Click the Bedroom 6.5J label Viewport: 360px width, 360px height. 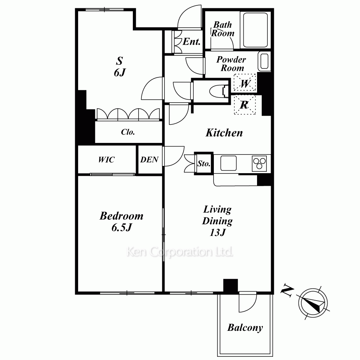pyautogui.click(x=121, y=221)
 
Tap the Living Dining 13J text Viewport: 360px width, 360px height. pyautogui.click(x=217, y=221)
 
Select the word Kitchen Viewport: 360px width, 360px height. pyautogui.click(x=224, y=133)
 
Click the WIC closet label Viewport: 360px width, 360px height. pyautogui.click(x=106, y=159)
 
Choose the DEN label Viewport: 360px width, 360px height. pyautogui.click(x=149, y=159)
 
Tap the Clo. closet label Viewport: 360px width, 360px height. pyautogui.click(x=128, y=132)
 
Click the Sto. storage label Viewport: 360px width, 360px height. pyautogui.click(x=204, y=163)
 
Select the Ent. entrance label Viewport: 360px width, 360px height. pyautogui.click(x=192, y=41)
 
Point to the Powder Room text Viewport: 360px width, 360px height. pyautogui.click(x=231, y=64)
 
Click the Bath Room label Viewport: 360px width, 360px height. pyautogui.click(x=222, y=29)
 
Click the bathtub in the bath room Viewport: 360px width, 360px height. pyautogui.click(x=255, y=30)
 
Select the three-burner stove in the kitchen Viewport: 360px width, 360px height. pyautogui.click(x=259, y=163)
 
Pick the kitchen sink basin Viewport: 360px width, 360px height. pyautogui.click(x=229, y=163)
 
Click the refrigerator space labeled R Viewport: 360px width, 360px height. pyautogui.click(x=245, y=105)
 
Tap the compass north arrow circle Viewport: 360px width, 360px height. pyautogui.click(x=313, y=303)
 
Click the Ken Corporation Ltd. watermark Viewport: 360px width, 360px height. pyautogui.click(x=180, y=252)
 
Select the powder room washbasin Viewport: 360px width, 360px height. pyautogui.click(x=264, y=61)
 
